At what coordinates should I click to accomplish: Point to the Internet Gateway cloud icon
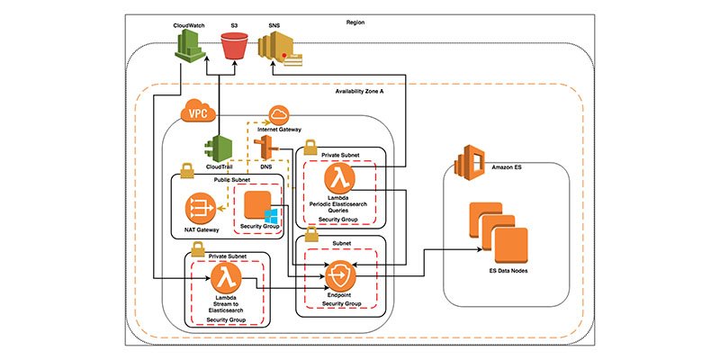pos(278,115)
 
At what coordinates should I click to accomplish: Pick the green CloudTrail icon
pos(220,148)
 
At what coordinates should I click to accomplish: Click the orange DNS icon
pos(265,148)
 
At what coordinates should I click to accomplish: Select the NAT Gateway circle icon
pos(199,209)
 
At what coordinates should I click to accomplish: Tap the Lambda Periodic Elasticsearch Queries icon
pos(337,175)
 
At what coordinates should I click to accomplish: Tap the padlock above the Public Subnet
pos(190,169)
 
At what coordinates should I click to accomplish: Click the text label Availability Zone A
pos(361,93)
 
